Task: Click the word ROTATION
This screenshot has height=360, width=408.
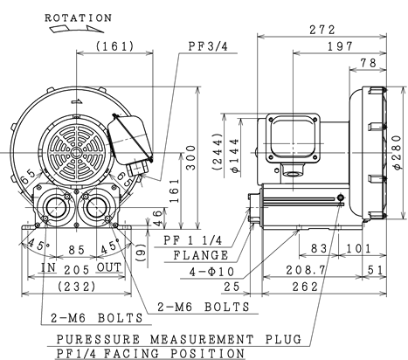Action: pyautogui.click(x=78, y=18)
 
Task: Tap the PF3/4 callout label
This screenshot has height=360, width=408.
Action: pyautogui.click(x=208, y=46)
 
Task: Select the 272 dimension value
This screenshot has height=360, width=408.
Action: pyautogui.click(x=322, y=30)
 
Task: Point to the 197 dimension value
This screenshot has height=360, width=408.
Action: pyautogui.click(x=340, y=46)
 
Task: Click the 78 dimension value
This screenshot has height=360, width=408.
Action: pyautogui.click(x=369, y=63)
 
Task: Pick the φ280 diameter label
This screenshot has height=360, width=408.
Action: pyautogui.click(x=398, y=153)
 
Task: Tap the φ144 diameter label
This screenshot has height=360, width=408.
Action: pyautogui.click(x=235, y=156)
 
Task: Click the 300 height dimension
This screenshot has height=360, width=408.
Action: pyautogui.click(x=190, y=157)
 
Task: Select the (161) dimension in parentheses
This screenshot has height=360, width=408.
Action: pyautogui.click(x=115, y=46)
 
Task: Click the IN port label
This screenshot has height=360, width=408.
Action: pyautogui.click(x=48, y=267)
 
